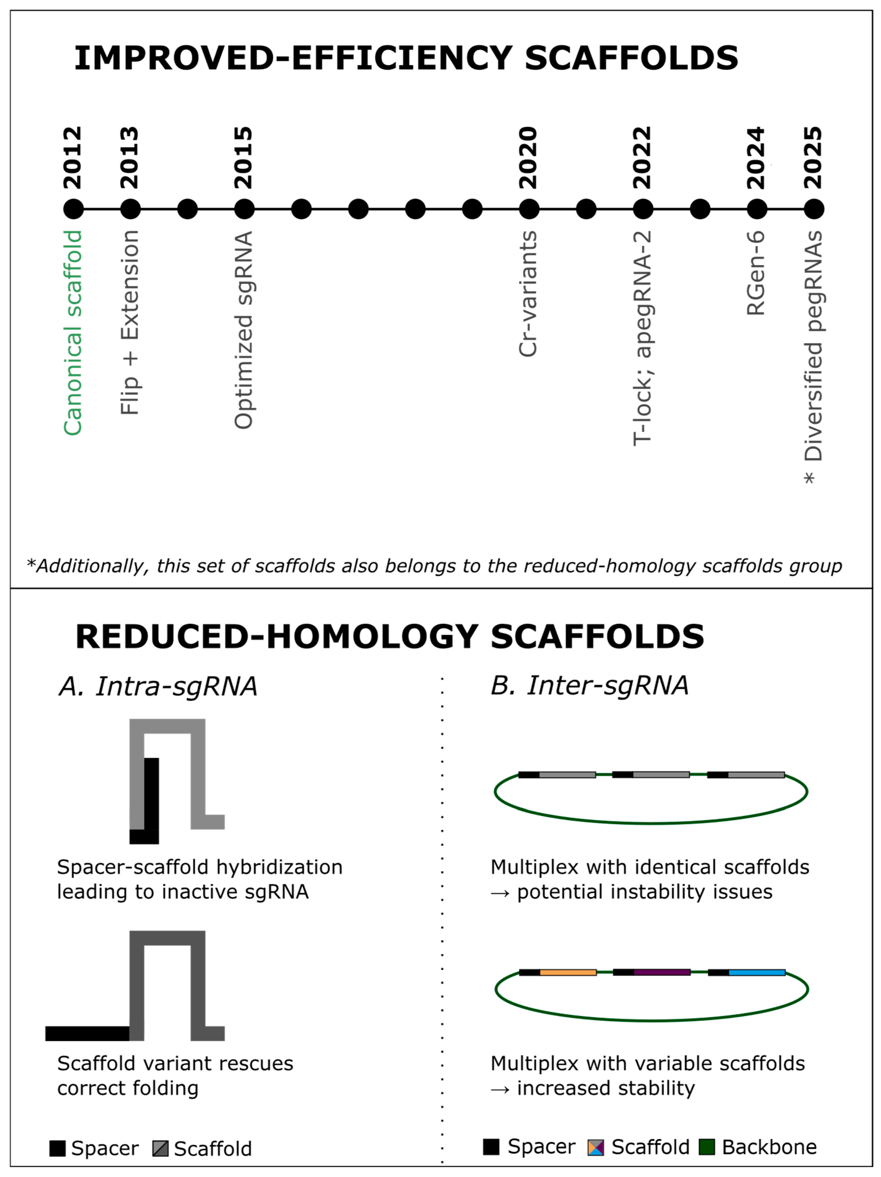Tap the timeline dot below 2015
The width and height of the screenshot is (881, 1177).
(244, 209)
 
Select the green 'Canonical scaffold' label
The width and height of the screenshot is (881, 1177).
(73, 333)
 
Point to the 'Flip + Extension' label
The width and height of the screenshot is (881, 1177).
(130, 322)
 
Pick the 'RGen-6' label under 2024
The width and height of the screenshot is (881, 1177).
(756, 273)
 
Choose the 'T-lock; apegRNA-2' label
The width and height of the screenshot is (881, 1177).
(642, 338)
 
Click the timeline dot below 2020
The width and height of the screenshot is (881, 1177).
(529, 209)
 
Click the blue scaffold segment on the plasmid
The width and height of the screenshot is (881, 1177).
(757, 973)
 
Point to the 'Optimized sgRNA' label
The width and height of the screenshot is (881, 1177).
(244, 330)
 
